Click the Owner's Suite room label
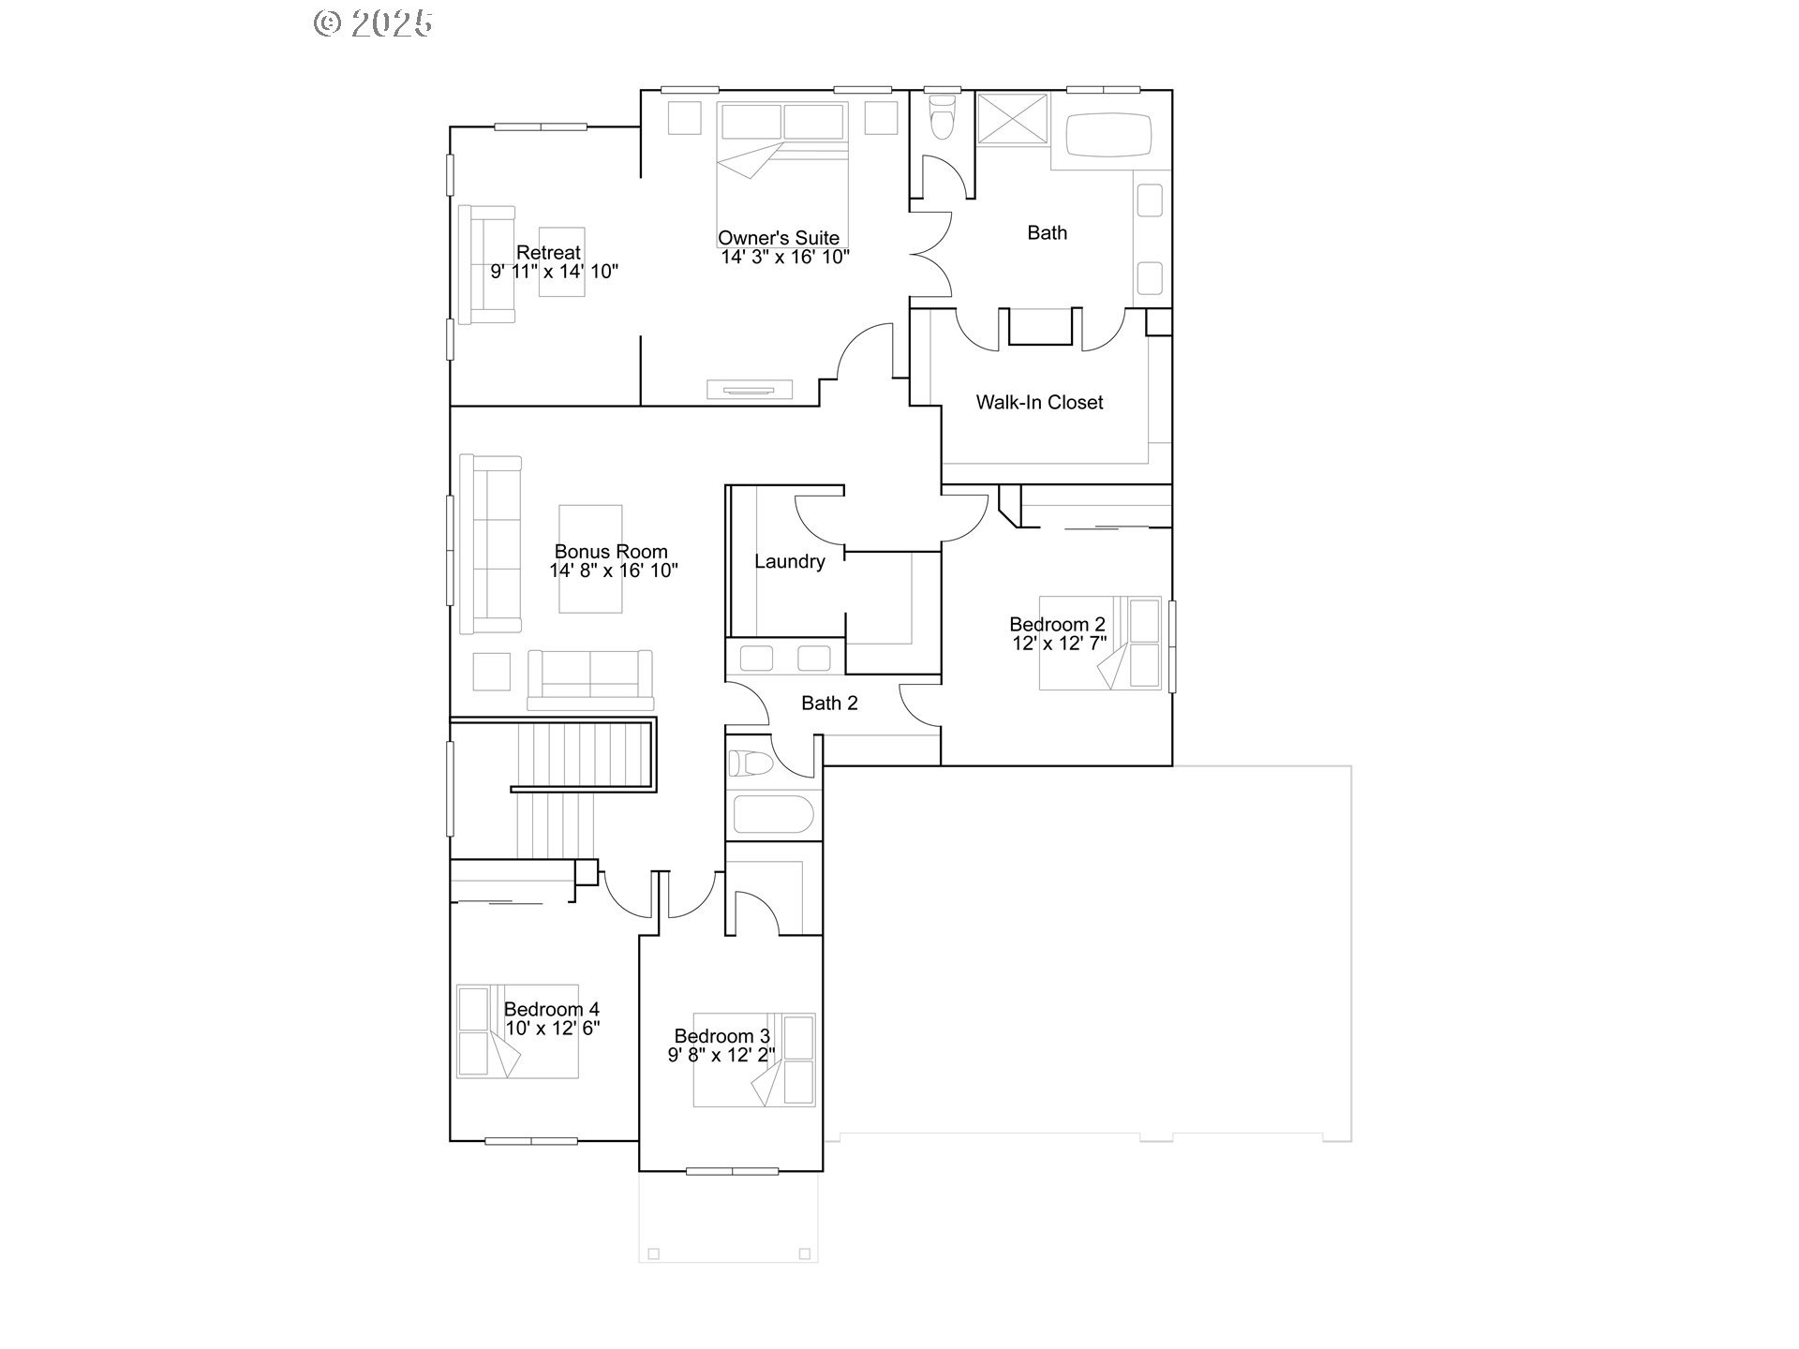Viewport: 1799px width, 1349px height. click(779, 238)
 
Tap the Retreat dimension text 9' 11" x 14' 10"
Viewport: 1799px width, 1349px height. click(555, 272)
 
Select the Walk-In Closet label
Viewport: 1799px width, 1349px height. click(1039, 403)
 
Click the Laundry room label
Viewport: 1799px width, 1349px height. click(790, 562)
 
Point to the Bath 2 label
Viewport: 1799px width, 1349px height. click(829, 704)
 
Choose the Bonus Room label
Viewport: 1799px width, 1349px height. click(611, 552)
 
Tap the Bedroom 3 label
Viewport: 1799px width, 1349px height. click(722, 1036)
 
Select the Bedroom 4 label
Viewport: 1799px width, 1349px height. click(552, 1009)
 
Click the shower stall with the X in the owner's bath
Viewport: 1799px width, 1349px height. click(1012, 117)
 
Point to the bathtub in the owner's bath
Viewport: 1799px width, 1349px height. click(1108, 136)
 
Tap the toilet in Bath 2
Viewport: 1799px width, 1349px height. click(751, 763)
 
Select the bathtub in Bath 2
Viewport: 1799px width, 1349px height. click(773, 814)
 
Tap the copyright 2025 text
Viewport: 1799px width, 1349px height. click(373, 22)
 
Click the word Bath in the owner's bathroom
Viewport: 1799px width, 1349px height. click(1047, 233)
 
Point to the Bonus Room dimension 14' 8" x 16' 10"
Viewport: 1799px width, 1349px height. click(614, 571)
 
